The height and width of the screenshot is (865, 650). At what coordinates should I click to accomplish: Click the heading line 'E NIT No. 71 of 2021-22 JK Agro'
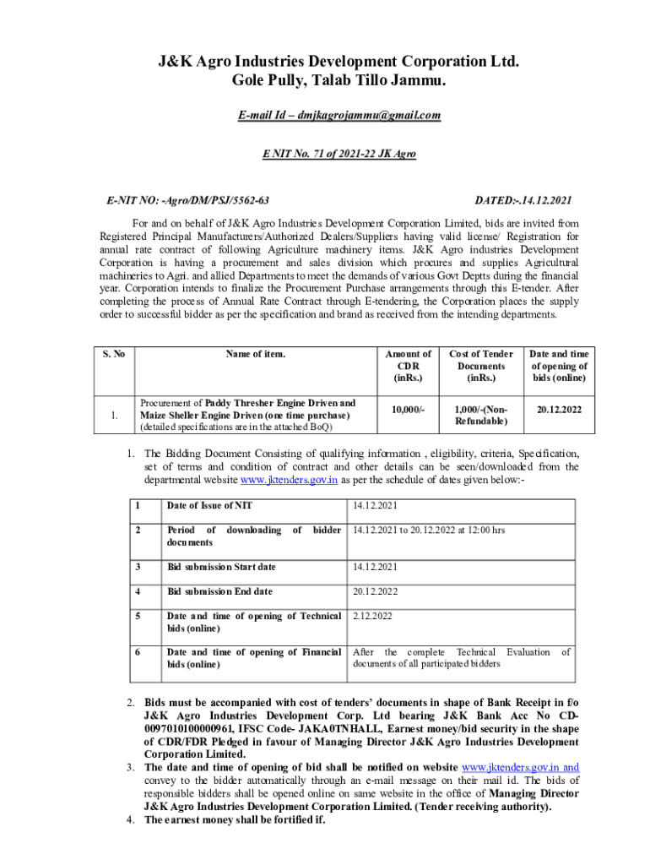[325, 155]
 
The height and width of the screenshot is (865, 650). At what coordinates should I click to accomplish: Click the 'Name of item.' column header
[255, 354]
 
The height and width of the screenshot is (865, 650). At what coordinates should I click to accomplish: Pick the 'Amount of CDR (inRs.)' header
[409, 366]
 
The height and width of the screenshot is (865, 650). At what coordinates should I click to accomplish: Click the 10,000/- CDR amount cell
[409, 409]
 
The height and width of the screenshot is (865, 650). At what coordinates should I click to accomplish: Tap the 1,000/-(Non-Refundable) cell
[481, 415]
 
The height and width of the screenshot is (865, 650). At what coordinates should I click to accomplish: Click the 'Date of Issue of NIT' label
[209, 505]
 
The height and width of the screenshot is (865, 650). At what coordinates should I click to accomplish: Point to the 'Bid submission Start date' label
[222, 566]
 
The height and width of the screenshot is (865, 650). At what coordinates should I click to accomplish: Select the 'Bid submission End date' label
[219, 591]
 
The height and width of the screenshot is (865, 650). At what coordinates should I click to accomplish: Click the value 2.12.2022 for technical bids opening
[372, 616]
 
